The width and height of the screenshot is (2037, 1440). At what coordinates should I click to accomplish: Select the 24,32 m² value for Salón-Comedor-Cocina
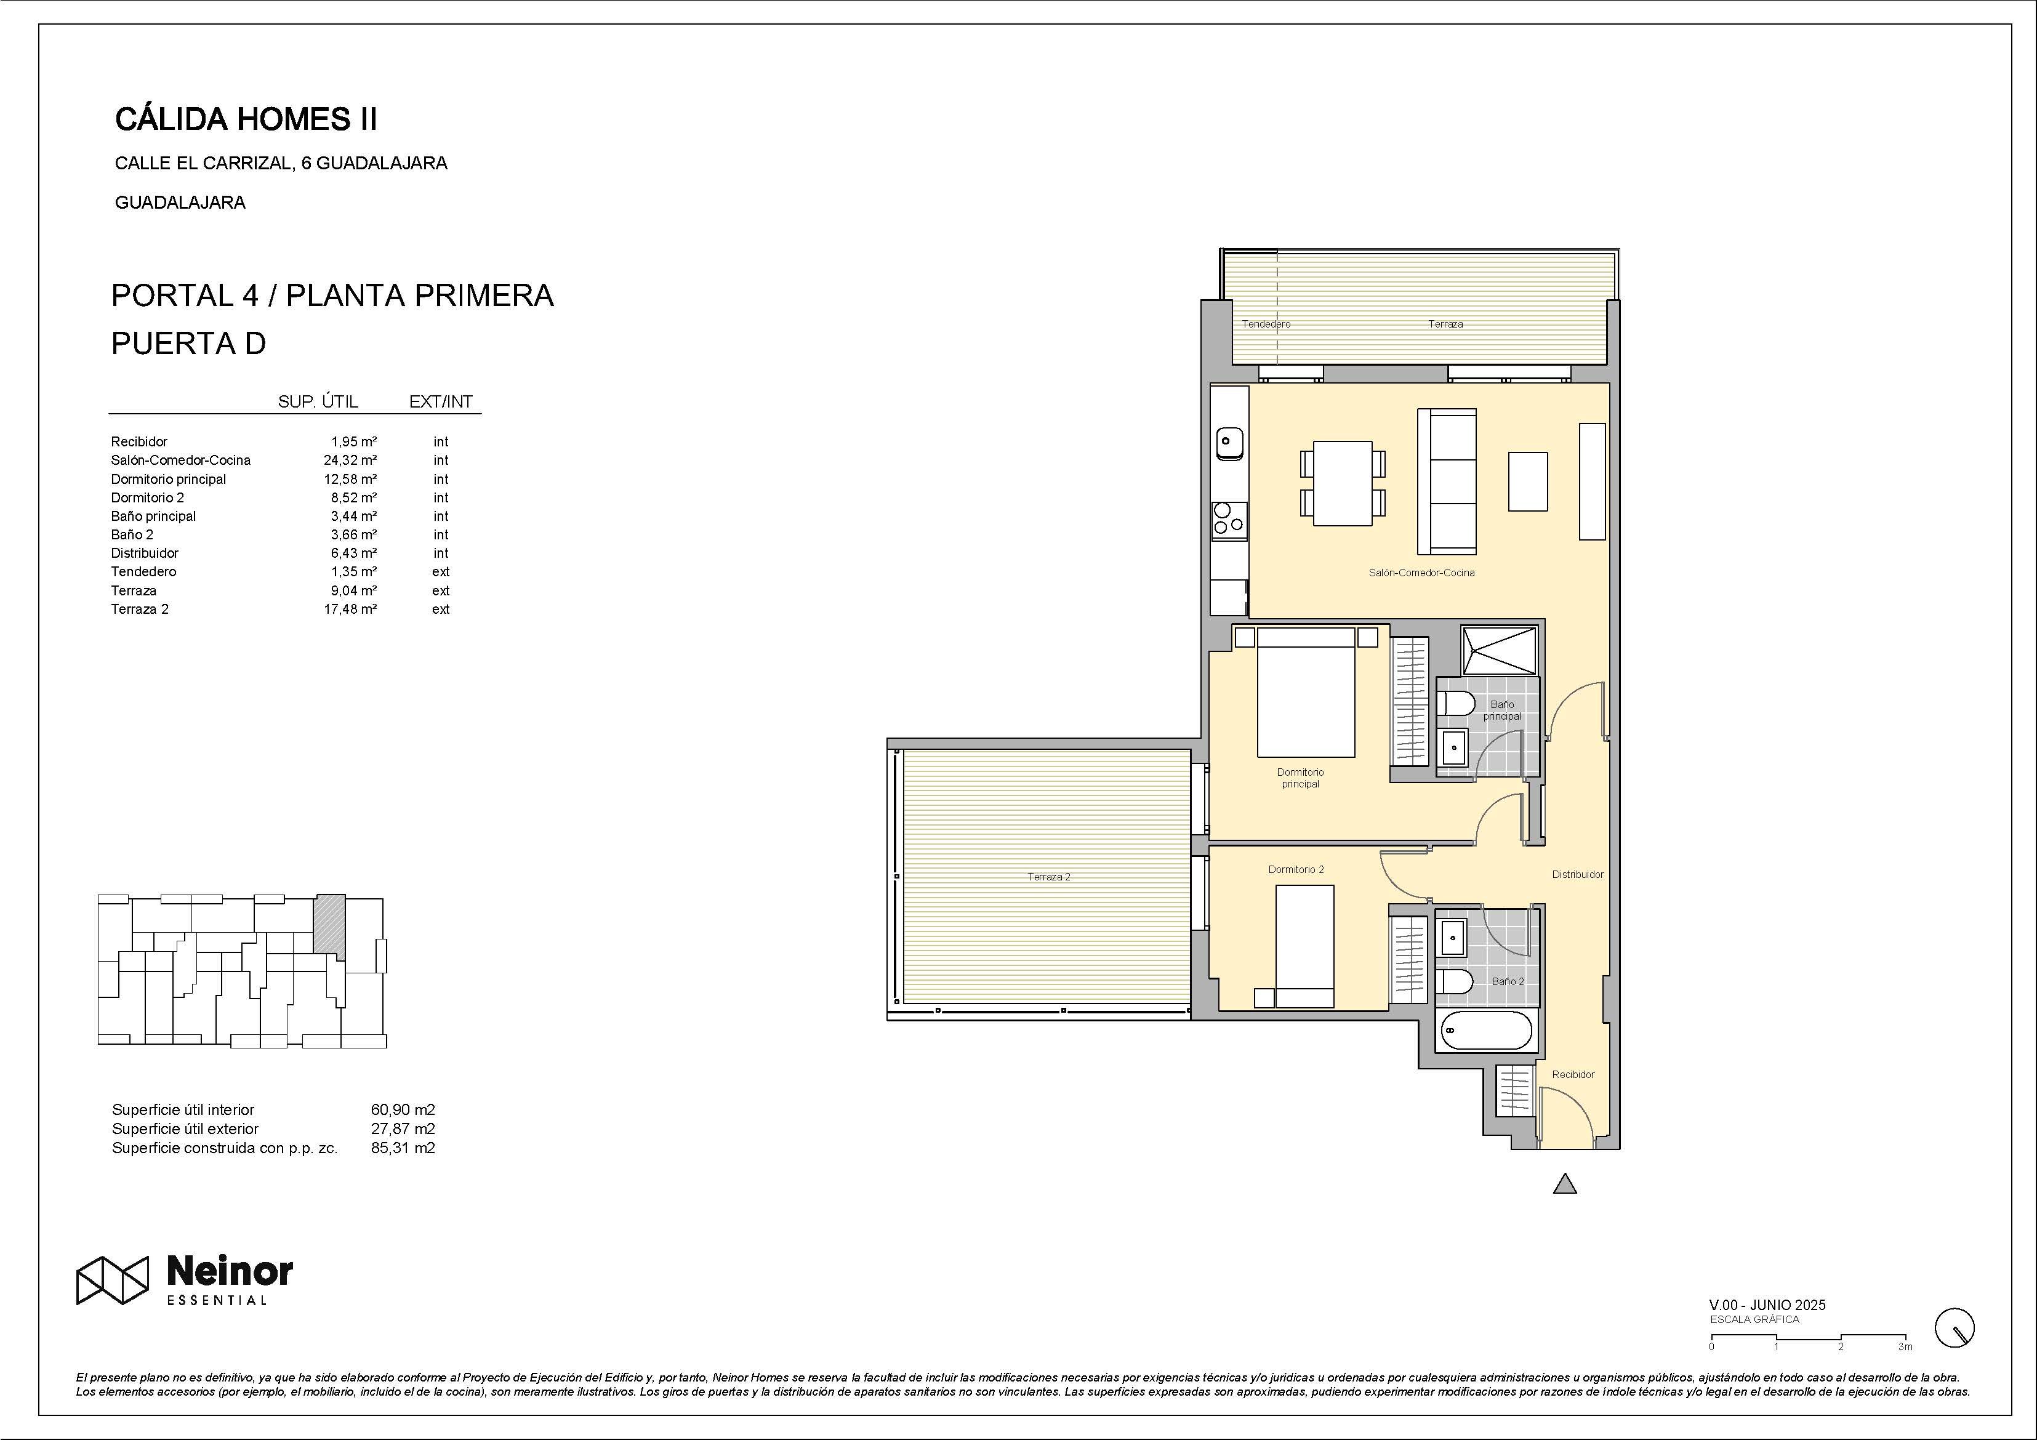[350, 460]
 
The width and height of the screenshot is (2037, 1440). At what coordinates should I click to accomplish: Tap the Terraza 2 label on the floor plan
[1049, 877]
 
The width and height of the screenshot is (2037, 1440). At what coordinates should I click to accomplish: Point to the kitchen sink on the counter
[1230, 442]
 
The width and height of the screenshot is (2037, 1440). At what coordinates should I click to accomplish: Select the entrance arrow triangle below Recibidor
[1565, 1185]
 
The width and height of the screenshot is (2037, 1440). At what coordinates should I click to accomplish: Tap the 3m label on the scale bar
[1905, 1347]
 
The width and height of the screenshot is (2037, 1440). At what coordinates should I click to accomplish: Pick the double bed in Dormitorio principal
[1306, 692]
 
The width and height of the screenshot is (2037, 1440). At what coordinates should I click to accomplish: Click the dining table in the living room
[1343, 483]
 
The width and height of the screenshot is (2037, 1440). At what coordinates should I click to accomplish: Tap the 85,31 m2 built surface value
[403, 1148]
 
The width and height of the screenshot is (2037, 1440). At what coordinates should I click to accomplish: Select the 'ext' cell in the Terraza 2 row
[441, 609]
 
